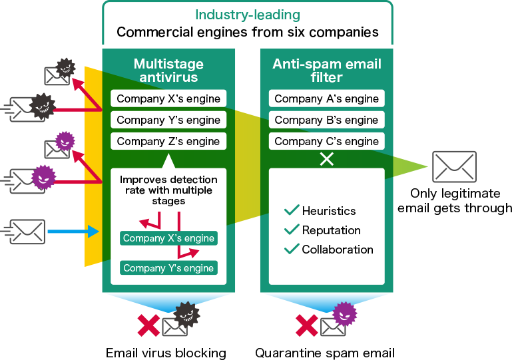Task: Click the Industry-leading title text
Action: tap(247, 15)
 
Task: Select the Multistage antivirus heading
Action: tap(168, 71)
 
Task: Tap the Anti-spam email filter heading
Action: tap(326, 71)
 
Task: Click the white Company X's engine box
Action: tap(168, 98)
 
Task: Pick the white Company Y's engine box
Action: tap(168, 120)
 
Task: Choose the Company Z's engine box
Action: tap(168, 141)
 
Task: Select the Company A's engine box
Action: tap(326, 98)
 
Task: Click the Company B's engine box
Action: tap(326, 120)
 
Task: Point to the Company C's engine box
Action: tap(326, 141)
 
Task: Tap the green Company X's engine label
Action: tap(168, 238)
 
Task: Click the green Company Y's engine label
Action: tap(168, 268)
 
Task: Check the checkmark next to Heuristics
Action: tap(291, 210)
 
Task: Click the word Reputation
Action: tap(331, 230)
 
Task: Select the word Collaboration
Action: tap(338, 250)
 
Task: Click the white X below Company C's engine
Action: tap(326, 160)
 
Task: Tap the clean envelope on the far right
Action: tap(454, 166)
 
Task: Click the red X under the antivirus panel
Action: tap(148, 325)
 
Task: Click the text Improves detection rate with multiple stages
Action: tap(168, 190)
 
